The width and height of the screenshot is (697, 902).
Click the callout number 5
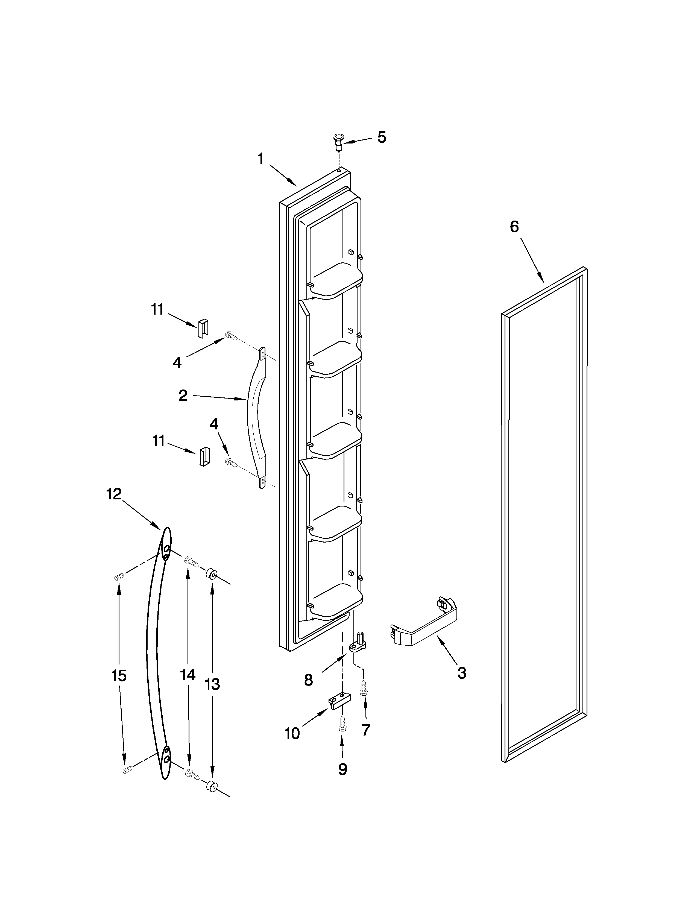point(382,137)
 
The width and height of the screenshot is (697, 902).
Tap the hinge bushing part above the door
point(339,142)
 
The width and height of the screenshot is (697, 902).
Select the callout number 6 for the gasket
point(514,227)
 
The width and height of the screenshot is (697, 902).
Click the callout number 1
point(260,159)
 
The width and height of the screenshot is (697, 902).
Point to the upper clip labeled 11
point(203,328)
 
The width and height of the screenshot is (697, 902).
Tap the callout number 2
point(183,396)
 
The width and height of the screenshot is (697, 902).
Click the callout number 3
point(462,673)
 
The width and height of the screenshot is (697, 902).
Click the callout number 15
point(119,676)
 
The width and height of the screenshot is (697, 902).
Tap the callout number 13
point(213,684)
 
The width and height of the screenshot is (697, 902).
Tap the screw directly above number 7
point(364,688)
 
